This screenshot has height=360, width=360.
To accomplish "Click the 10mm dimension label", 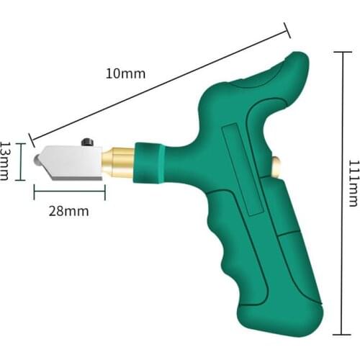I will click(125, 73).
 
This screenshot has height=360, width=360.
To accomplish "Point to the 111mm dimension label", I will click(352, 184).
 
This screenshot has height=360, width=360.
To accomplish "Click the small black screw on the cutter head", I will click(88, 142).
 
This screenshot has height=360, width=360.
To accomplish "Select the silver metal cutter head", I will click(71, 162).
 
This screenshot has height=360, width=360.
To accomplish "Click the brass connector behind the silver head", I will click(117, 161).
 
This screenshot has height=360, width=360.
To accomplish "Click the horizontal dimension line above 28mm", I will click(69, 190).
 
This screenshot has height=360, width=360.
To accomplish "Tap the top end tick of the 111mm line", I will click(340, 51).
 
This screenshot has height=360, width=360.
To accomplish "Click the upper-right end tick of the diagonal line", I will click(288, 30).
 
